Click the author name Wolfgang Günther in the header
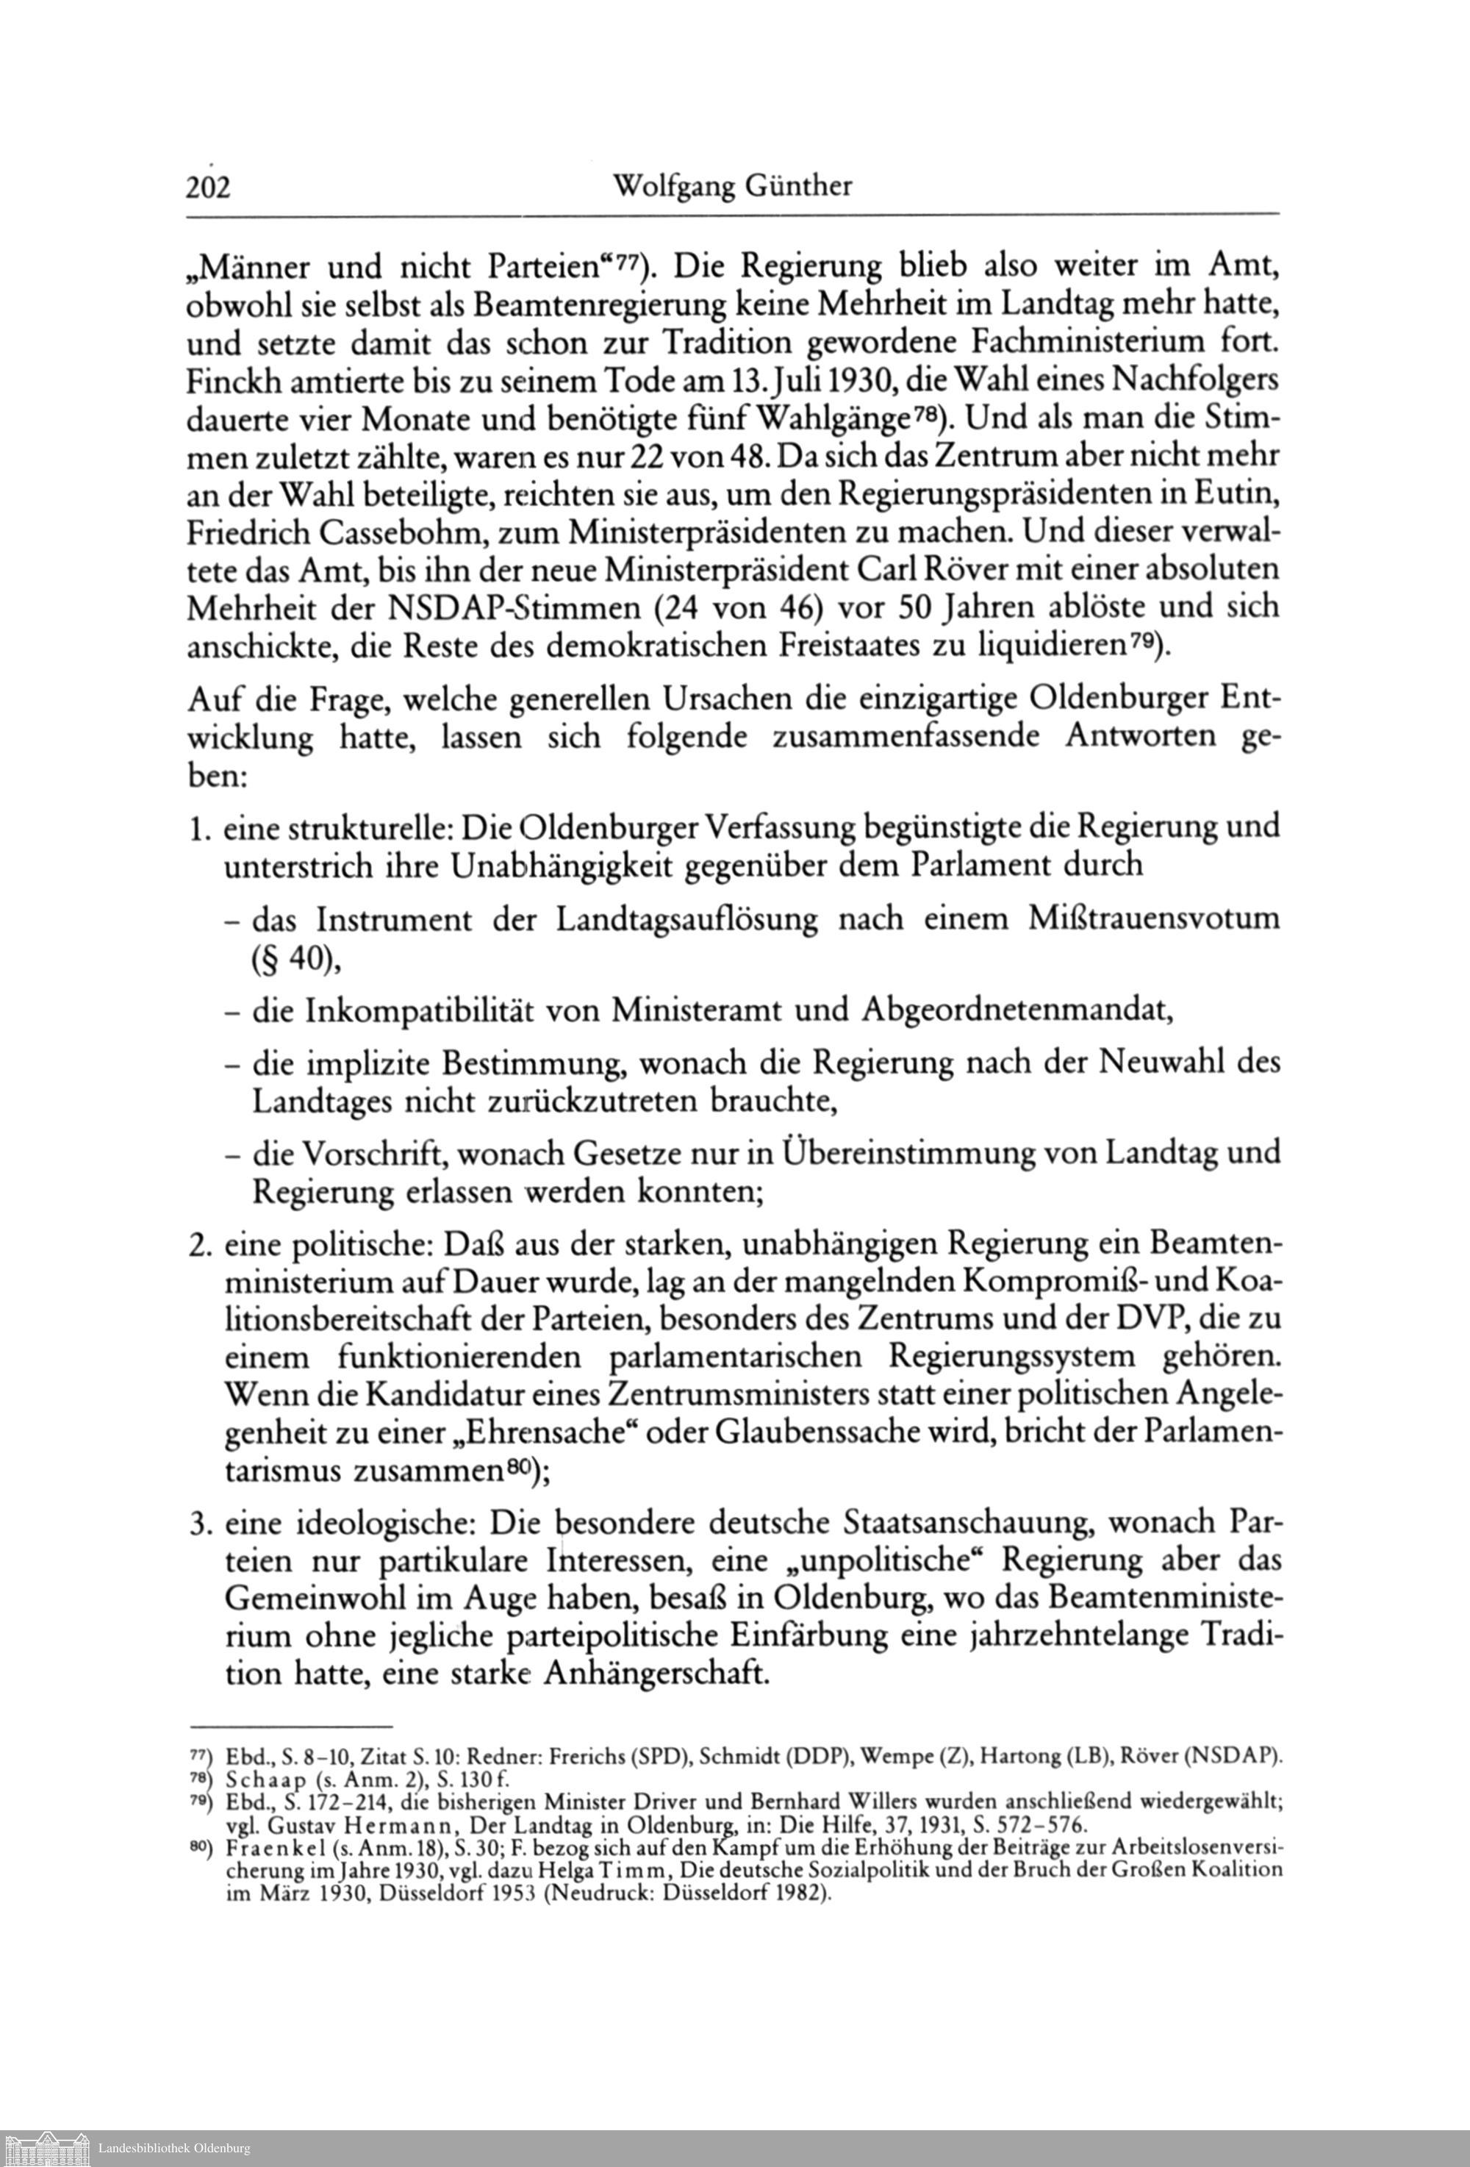coord(732,187)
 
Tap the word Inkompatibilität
coord(420,1010)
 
